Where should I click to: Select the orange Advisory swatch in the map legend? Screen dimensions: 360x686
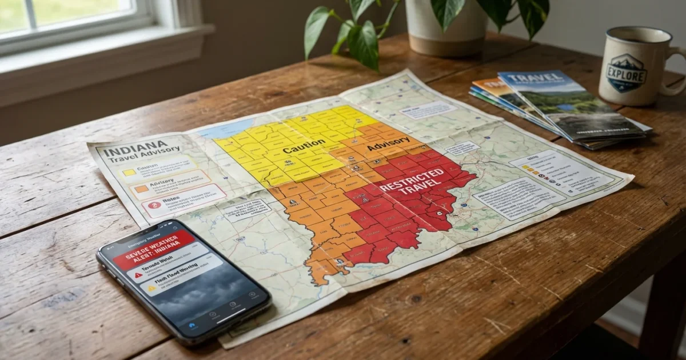pos(140,188)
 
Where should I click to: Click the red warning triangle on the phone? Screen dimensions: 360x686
pos(138,275)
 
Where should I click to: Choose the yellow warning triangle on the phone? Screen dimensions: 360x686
pos(151,289)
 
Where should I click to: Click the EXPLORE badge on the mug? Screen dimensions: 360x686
pos(627,72)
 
